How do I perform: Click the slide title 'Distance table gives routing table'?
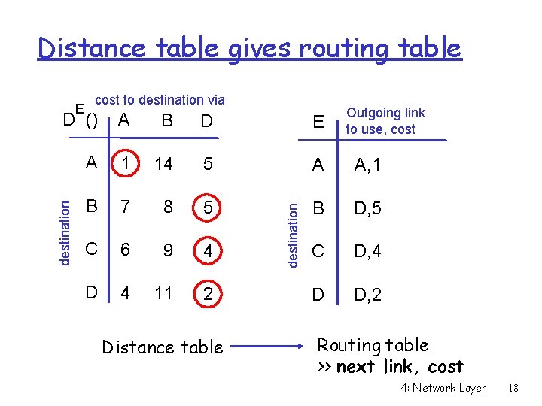[249, 48]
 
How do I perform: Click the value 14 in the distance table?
[163, 165]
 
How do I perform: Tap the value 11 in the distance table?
[163, 293]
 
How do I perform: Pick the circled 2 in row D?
[207, 294]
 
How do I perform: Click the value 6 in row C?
[125, 250]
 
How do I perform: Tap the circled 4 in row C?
[207, 250]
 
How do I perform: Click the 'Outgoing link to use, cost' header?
[385, 120]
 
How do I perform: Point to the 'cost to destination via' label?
[160, 99]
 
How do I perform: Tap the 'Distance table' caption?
[163, 347]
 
